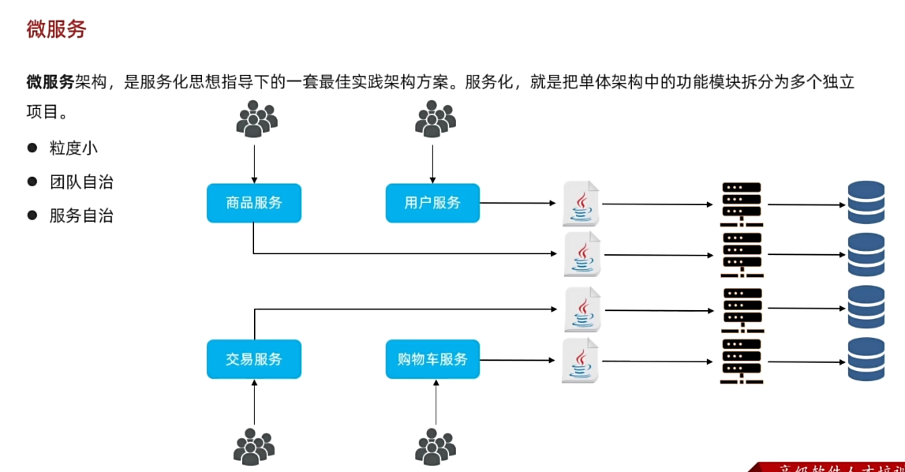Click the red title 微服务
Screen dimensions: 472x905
tap(56, 30)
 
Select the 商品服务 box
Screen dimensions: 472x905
tap(253, 203)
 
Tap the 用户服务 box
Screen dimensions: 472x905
tap(432, 203)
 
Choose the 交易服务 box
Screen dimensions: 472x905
tap(253, 359)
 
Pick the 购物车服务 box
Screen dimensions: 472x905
tap(432, 359)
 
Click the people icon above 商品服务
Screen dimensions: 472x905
tap(256, 120)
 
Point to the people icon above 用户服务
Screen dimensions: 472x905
tap(436, 120)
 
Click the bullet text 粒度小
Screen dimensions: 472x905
tap(73, 148)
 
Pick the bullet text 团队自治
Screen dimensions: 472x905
tap(81, 182)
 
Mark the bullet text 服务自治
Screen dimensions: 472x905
tap(81, 215)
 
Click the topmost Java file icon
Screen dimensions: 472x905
tap(582, 204)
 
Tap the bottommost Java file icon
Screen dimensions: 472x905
tap(581, 361)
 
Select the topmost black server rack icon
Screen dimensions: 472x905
tap(742, 204)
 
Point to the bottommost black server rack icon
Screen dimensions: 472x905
tap(742, 361)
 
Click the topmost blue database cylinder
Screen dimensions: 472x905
tap(866, 204)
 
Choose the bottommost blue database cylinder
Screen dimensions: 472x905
tap(866, 360)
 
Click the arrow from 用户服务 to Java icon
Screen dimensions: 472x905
tap(518, 203)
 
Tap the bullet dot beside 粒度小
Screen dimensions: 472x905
tap(32, 148)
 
